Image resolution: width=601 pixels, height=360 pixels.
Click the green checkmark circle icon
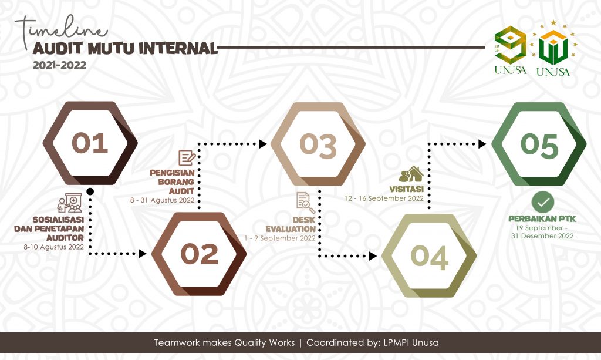pos(543,202)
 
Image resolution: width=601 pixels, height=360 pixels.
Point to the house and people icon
pos(411,174)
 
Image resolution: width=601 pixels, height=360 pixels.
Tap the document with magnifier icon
pos(305,203)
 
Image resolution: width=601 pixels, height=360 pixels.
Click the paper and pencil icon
pos(187,158)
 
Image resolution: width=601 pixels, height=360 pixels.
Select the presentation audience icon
pos(70,203)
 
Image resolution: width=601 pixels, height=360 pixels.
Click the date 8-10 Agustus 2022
pos(53,247)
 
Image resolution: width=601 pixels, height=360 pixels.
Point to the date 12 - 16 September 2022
pos(384,198)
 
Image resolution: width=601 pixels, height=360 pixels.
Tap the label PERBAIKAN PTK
pos(542,218)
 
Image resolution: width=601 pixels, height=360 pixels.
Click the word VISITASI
pos(406,189)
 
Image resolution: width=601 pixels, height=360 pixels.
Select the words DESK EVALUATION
pos(291,224)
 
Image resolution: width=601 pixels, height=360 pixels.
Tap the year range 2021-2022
pos(59,65)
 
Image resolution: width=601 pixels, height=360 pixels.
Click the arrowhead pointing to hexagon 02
pos(143,254)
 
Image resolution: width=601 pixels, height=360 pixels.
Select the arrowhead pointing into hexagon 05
pos(482,144)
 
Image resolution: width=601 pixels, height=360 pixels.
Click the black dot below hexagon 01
pos(90,191)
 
